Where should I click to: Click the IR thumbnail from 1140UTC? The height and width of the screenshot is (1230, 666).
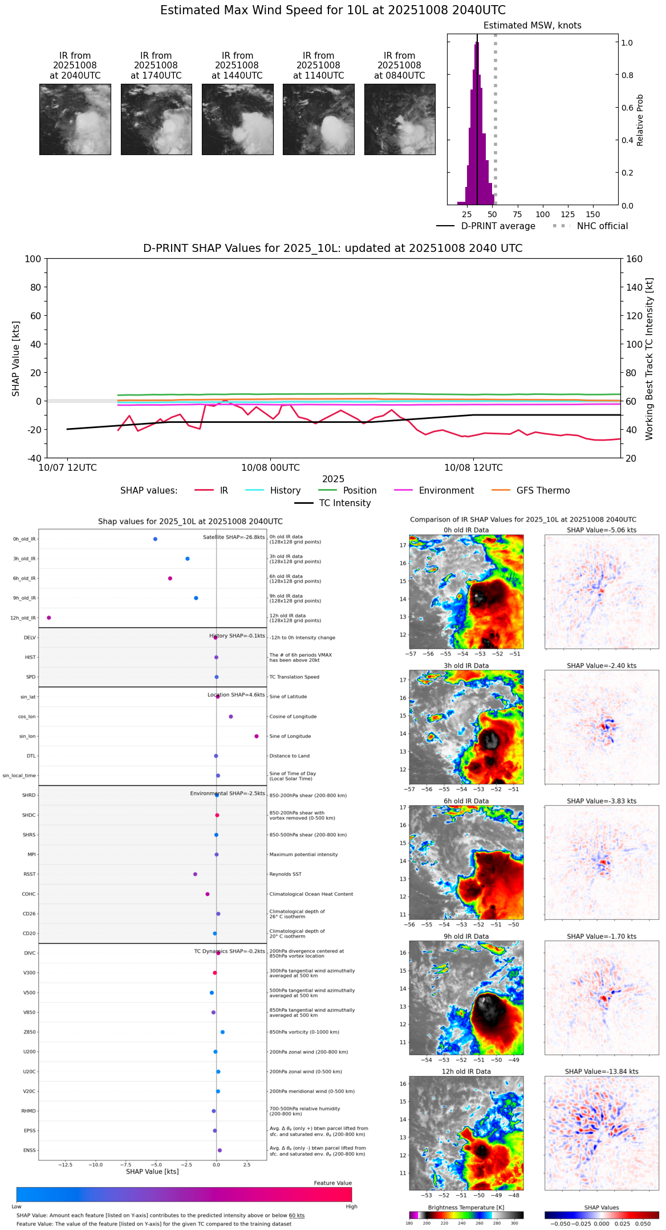point(318,119)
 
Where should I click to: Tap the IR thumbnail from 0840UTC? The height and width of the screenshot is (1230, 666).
point(400,119)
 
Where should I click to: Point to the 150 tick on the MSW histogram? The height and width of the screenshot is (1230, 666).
point(593,214)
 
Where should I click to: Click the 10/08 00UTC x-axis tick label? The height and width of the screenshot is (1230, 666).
point(270,468)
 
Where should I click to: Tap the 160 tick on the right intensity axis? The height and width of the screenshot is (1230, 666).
point(634,259)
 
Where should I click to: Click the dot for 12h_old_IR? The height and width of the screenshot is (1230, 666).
point(49,618)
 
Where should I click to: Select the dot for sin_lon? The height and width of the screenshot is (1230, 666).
point(257,736)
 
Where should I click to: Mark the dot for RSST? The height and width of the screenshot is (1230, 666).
point(195,874)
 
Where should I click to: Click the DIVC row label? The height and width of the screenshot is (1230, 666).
point(30,953)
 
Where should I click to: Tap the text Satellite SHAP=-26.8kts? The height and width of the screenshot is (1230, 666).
point(234,537)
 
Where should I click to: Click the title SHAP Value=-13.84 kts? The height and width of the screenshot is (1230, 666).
point(602,1072)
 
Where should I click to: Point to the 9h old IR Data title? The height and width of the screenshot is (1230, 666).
point(466,936)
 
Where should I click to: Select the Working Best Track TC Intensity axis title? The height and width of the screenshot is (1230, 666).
point(649,359)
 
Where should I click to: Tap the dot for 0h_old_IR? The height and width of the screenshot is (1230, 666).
point(155,539)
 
